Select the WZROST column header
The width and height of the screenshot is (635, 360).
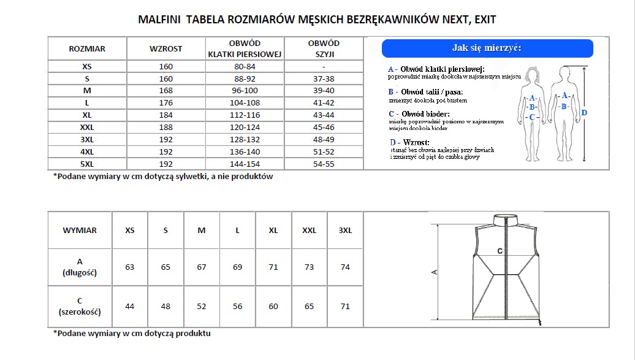tap(165, 48)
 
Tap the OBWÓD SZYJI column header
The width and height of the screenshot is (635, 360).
tap(324, 48)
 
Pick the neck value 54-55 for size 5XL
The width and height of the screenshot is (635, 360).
tap(324, 164)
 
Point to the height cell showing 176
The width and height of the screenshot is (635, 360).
tap(165, 103)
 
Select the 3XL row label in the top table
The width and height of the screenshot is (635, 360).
tap(86, 140)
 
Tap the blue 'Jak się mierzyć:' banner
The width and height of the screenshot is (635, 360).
tap(487, 48)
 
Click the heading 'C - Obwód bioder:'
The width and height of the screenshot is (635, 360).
tap(419, 114)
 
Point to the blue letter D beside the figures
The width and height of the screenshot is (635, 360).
tap(584, 113)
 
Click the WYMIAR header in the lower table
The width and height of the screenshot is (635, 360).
tap(80, 231)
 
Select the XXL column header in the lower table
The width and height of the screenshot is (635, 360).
tap(310, 231)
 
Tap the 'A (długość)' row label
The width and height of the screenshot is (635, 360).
tap(80, 267)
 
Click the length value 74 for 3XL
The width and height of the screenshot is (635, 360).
tap(345, 267)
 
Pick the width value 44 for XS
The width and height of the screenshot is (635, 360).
tap(129, 307)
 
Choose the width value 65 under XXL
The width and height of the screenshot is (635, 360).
tap(310, 307)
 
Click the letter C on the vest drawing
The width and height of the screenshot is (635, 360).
tap(500, 251)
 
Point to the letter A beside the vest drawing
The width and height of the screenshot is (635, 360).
tap(435, 272)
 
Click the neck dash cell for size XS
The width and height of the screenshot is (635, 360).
tap(324, 66)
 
